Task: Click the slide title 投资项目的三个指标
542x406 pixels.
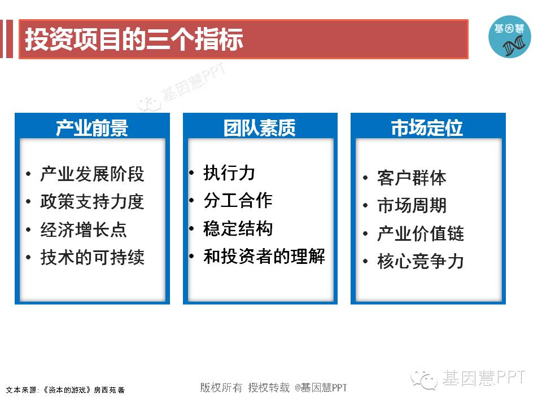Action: coord(134,39)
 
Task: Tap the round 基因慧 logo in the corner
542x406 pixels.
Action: coord(509,37)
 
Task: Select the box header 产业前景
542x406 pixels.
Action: coord(92,128)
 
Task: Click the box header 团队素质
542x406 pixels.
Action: coord(260,128)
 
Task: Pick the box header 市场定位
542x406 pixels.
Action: coord(427,128)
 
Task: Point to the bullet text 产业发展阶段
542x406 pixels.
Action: coord(92,174)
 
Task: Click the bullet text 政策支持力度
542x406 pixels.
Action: coord(92,202)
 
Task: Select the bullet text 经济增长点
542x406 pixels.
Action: coord(84,230)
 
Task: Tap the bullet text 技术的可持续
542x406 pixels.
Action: coord(92,257)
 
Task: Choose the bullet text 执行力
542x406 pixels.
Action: coord(229,173)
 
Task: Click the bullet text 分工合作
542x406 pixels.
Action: coord(238,201)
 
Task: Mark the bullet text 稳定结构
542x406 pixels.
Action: coord(238,228)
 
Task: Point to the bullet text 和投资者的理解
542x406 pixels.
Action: coord(264,257)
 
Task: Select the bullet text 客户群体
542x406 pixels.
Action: coord(412,178)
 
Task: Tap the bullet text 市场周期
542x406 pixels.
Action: coord(412,206)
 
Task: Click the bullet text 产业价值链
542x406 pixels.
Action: coord(421,233)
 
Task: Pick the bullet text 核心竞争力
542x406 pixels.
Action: coord(421,261)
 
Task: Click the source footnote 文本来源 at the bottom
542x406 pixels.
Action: coord(65,390)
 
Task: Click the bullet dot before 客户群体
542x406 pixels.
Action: coord(365,178)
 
